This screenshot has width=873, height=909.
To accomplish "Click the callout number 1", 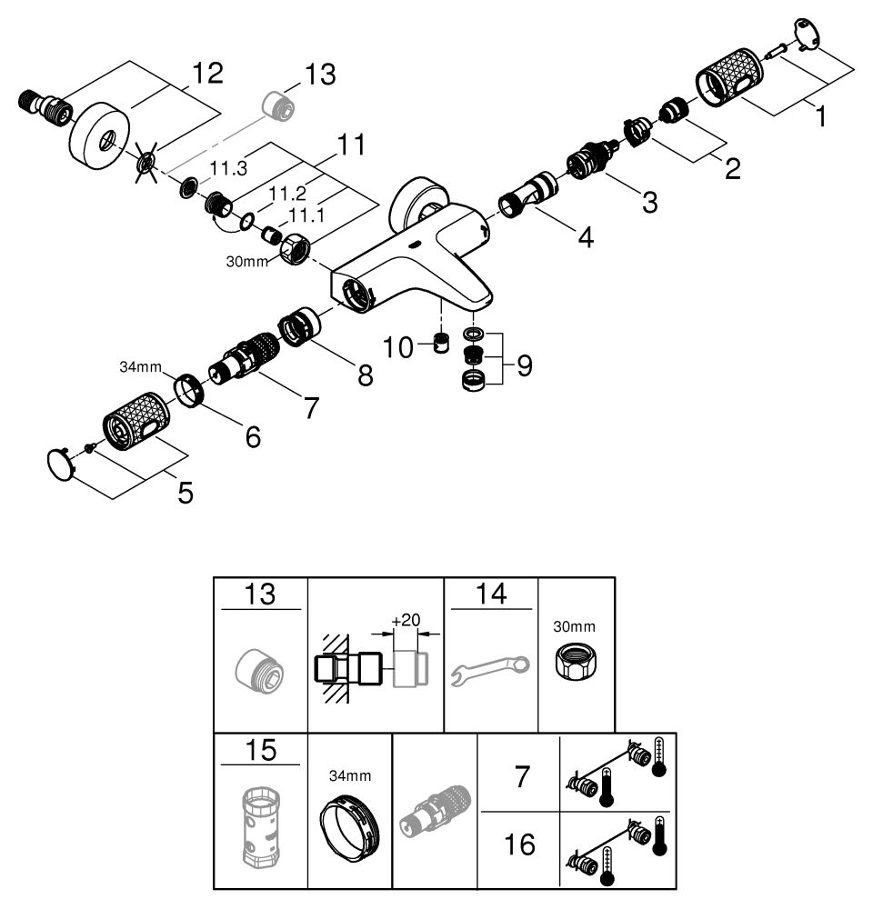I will [x=821, y=116].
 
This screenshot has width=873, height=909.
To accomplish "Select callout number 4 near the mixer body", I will [x=585, y=238].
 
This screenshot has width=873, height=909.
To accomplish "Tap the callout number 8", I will [x=365, y=375].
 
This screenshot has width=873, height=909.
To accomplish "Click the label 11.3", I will [x=229, y=169].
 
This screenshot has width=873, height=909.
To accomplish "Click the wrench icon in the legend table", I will [x=490, y=671].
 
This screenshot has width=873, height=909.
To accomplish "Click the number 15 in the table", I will [x=259, y=751].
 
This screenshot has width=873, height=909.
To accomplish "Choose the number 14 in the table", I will [x=490, y=595].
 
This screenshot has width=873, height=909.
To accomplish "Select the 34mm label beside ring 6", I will [x=141, y=367].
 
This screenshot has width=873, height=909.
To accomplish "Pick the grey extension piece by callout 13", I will [x=278, y=104].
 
